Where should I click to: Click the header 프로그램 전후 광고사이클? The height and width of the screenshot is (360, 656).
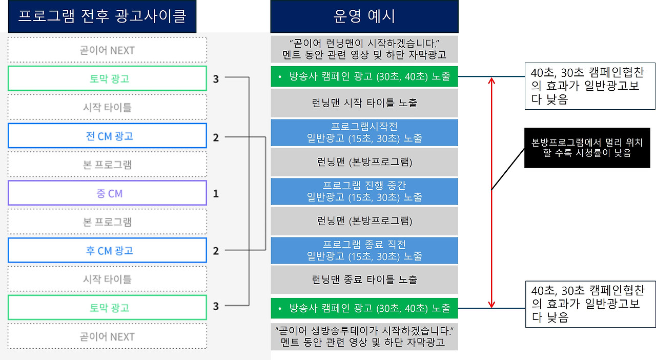click(102, 16)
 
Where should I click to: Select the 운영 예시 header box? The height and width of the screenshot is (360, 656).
click(364, 16)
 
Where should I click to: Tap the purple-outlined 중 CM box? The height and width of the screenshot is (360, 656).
click(107, 193)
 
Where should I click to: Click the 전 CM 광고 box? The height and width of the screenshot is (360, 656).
click(107, 136)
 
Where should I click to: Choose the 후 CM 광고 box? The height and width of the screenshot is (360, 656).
click(107, 251)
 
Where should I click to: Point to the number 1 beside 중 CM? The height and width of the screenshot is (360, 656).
click(216, 194)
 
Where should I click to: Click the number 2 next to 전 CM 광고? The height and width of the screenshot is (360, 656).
click(216, 137)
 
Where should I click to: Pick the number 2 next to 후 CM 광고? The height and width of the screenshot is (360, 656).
click(216, 251)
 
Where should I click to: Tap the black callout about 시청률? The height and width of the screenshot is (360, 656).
click(587, 148)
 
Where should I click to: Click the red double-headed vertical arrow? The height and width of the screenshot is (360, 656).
click(491, 192)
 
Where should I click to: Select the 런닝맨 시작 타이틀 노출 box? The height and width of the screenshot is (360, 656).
click(364, 103)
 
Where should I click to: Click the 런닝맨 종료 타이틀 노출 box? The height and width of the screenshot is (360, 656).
click(364, 279)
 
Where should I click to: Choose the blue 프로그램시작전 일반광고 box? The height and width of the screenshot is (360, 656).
click(364, 132)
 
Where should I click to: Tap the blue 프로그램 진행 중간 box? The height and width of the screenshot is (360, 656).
click(364, 191)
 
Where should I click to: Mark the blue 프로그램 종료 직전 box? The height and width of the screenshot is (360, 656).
click(364, 250)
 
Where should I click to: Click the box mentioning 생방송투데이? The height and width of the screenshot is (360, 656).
click(364, 336)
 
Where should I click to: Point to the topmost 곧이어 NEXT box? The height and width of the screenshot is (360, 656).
click(107, 50)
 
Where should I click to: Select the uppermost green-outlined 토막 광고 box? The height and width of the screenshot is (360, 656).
click(107, 78)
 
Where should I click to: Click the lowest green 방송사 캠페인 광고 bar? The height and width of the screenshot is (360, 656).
click(364, 308)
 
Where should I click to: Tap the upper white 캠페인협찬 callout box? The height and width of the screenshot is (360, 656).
click(590, 86)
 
